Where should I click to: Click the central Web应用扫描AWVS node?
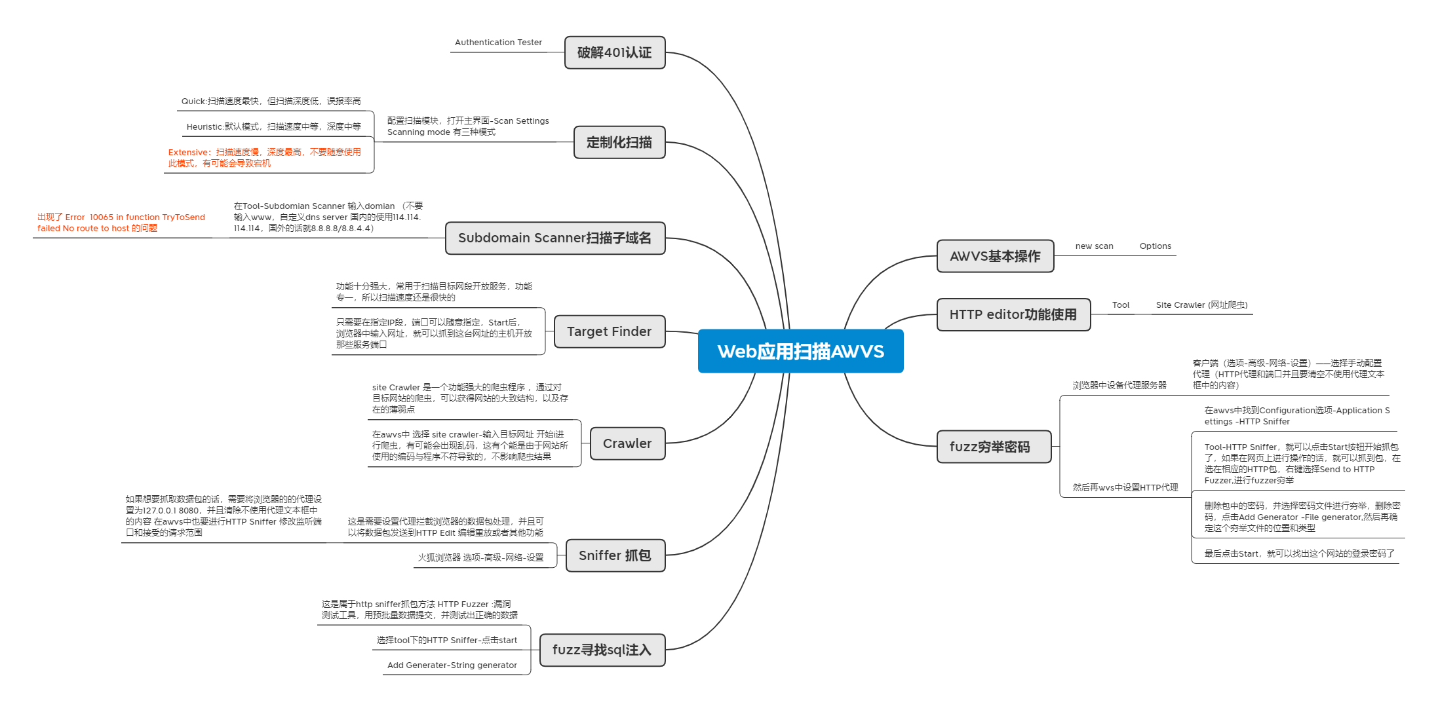tap(800, 351)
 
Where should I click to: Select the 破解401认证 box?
tap(614, 52)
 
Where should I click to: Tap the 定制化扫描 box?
tap(619, 142)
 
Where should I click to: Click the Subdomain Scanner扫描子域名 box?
tap(554, 238)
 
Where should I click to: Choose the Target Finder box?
tap(609, 331)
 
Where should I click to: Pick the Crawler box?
tap(627, 443)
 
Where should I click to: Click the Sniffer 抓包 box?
tap(615, 555)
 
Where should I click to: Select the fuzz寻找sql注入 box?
tap(602, 650)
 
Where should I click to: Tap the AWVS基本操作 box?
tap(995, 256)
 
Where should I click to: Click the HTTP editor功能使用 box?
tap(1013, 314)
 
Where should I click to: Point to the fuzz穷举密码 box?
tap(990, 447)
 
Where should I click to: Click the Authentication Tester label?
tap(498, 43)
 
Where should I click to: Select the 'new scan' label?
tap(1094, 246)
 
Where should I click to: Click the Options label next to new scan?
tap(1155, 246)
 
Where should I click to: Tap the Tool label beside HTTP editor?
tap(1120, 305)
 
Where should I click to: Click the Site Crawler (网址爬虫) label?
tap(1201, 305)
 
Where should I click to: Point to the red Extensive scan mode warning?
tap(265, 158)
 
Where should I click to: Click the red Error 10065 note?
tap(121, 223)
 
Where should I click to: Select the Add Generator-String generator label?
tap(452, 665)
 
